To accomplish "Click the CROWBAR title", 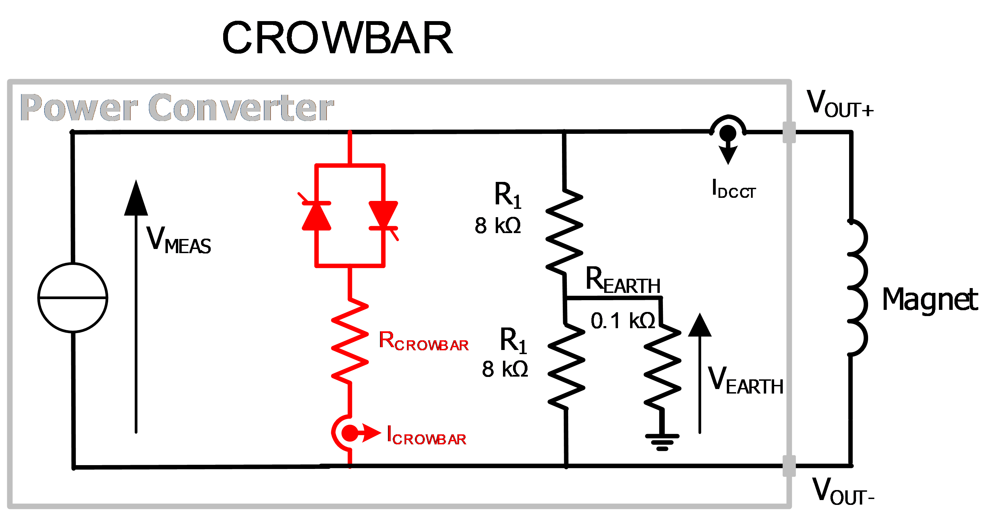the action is pyautogui.click(x=337, y=38).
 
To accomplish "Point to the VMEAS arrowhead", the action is pyautogui.click(x=136, y=198).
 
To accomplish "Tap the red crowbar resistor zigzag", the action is pyautogui.click(x=350, y=341).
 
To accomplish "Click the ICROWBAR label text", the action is pyautogui.click(x=426, y=435).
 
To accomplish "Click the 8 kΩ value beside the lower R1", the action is pyautogui.click(x=505, y=369).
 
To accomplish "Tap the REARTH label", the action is pyautogui.click(x=623, y=280).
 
